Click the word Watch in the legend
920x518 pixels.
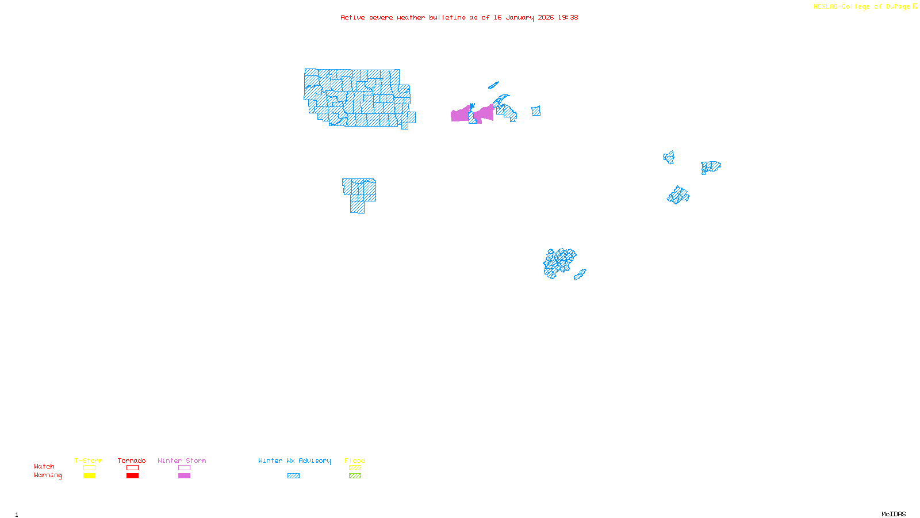coord(44,466)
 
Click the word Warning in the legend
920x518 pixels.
coord(48,475)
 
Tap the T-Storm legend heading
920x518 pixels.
coord(89,460)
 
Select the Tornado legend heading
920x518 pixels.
coord(132,460)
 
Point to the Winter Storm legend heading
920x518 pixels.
coord(182,460)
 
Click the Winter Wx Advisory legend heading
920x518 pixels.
coord(294,460)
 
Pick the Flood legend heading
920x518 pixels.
coord(355,460)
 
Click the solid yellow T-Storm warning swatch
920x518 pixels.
coord(89,476)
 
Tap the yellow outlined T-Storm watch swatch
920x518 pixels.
coord(89,468)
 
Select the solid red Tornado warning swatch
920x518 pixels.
coord(132,476)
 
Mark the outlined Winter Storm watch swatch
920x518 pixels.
coord(184,468)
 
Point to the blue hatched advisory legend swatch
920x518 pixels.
coord(293,476)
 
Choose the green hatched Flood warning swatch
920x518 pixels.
coord(355,476)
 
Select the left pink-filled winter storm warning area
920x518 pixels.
coord(459,115)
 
